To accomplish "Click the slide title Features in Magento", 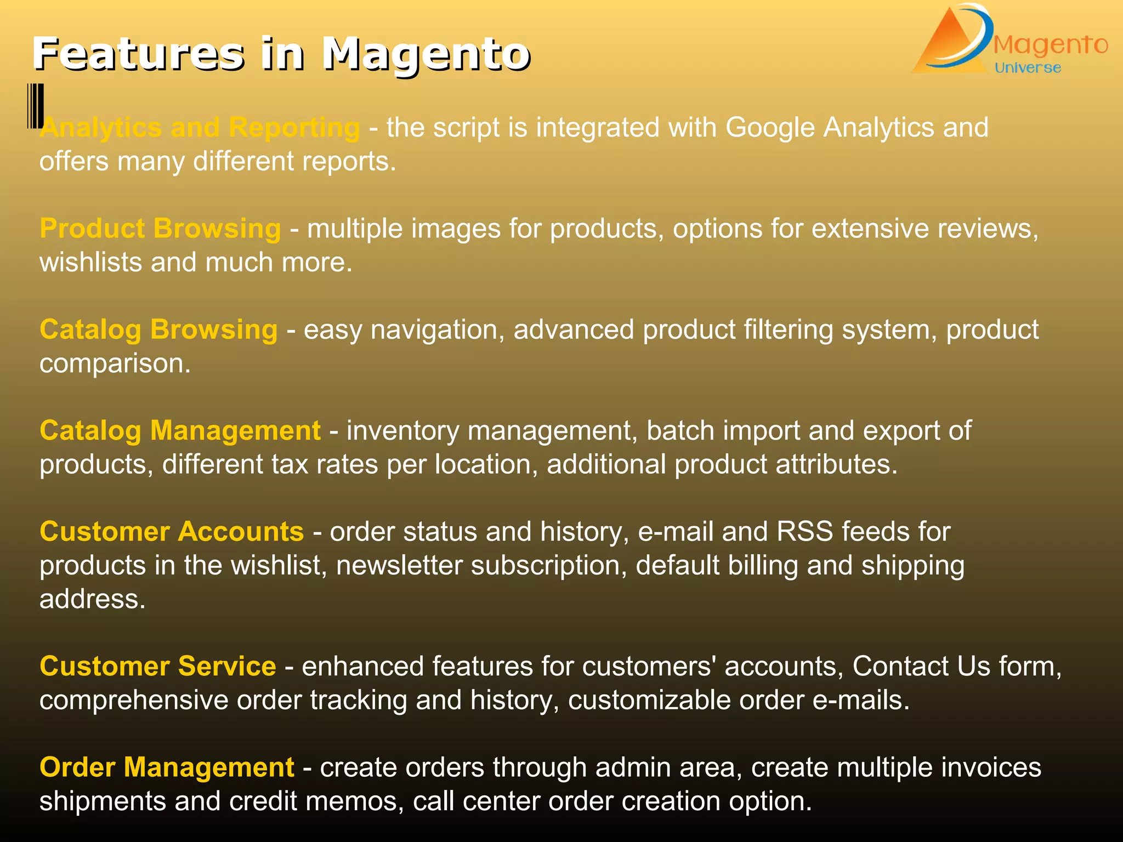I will point(281,54).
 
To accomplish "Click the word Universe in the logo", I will point(1028,68).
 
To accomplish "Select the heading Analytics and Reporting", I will point(200,128).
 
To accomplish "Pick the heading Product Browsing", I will point(160,229).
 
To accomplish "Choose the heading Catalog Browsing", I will point(158,329).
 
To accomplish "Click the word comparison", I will point(114,364).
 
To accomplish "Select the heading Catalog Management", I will point(180,430).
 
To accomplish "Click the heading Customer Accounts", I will point(172,532).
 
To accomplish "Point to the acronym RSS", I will point(804,532).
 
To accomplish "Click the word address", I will point(92,599).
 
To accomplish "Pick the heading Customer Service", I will point(158,667).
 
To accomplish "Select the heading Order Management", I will point(167,767).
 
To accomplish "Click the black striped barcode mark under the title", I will point(36,106).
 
